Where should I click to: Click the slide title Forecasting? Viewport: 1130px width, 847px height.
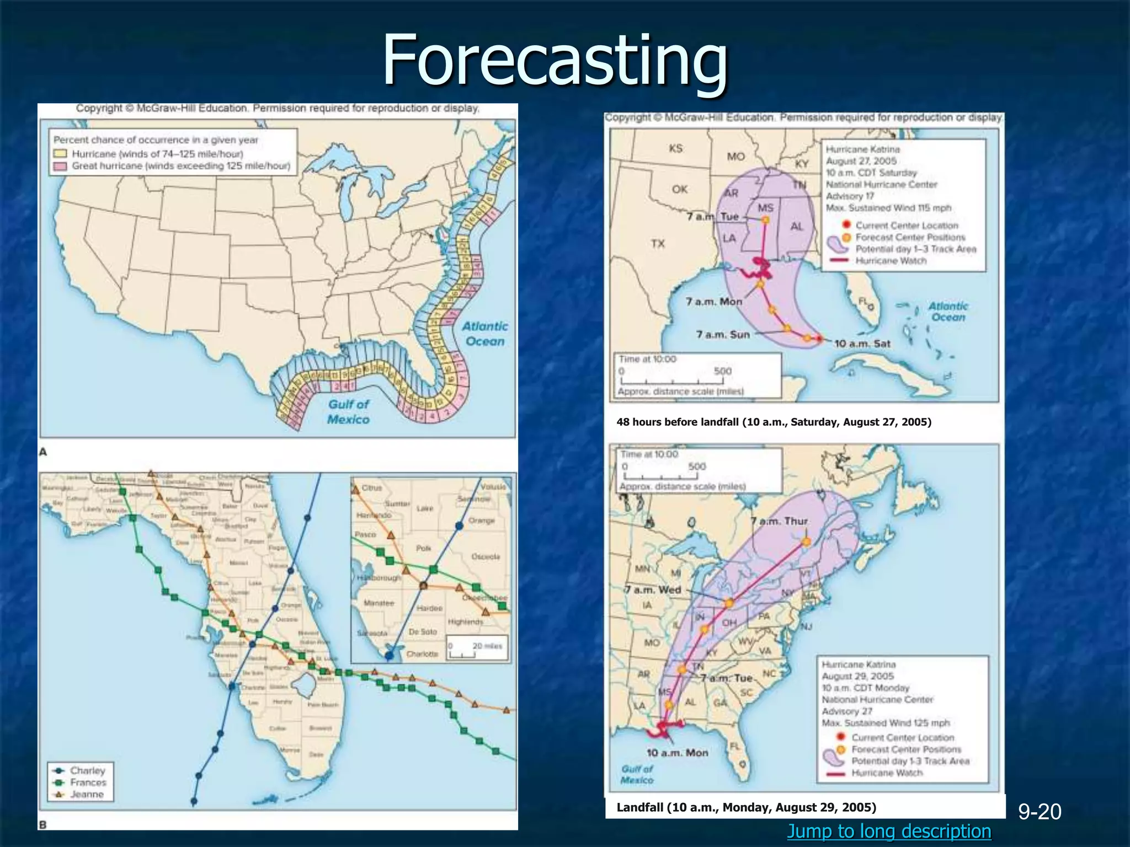pos(555,61)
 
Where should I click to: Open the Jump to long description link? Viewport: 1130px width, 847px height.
pos(889,830)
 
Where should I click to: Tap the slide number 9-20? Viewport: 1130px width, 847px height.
pos(1040,812)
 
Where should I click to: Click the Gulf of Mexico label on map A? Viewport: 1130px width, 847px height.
pos(348,411)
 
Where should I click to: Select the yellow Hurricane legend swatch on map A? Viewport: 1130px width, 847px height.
pos(60,154)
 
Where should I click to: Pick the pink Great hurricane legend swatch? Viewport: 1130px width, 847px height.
pos(60,166)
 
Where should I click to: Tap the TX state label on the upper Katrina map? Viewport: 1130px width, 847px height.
pos(658,243)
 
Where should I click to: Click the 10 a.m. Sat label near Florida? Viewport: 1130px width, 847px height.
pos(862,344)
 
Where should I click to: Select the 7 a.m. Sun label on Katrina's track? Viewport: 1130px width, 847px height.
pos(723,334)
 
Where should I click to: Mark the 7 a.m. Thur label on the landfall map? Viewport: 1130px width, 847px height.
pos(780,521)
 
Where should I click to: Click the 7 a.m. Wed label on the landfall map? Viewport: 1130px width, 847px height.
pos(653,589)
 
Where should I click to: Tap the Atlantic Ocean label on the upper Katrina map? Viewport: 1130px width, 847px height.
pos(948,312)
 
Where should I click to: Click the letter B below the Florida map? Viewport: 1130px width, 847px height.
pos(42,825)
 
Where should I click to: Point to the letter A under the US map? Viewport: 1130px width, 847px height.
pos(43,452)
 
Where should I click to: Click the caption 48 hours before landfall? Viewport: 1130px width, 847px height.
pos(774,422)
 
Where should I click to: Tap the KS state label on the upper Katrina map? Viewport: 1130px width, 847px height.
pos(675,148)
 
